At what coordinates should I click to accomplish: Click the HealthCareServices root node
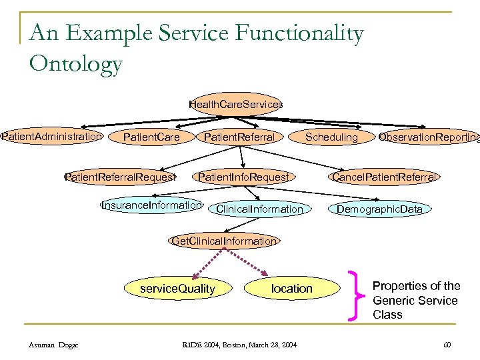(x=236, y=105)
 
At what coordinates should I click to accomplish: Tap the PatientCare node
(x=152, y=137)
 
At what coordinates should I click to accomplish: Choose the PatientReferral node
(x=239, y=137)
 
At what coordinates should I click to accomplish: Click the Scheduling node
(x=331, y=137)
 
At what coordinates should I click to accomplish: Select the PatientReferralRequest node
(x=120, y=177)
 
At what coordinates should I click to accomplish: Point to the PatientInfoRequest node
(x=243, y=177)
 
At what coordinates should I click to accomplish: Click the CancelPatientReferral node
(x=385, y=177)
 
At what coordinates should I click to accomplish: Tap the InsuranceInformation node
(x=151, y=205)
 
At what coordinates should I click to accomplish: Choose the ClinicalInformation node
(x=259, y=209)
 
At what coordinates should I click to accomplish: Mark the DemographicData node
(x=379, y=209)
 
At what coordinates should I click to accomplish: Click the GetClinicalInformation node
(x=224, y=241)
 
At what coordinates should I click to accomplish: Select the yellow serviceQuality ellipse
(x=177, y=288)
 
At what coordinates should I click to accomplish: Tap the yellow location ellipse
(x=291, y=288)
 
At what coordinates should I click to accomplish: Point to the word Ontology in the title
(x=76, y=64)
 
